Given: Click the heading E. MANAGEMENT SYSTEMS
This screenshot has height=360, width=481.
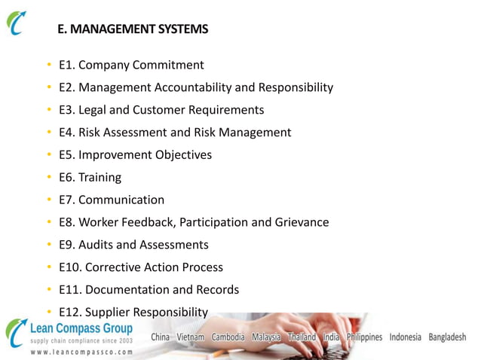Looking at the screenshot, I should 133,29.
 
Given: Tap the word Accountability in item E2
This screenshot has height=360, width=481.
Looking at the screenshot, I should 194,87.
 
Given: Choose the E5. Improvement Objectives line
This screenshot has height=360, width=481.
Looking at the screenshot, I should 135,155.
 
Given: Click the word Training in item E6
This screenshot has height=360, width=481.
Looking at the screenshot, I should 100,178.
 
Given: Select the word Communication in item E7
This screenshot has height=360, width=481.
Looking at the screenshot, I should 121,200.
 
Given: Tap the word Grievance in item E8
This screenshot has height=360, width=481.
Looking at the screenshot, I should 302,222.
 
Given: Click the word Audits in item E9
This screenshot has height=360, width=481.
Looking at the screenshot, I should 96,245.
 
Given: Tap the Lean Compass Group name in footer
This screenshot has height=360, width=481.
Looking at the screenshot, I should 81,328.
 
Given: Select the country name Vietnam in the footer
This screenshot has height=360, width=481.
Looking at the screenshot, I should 190,337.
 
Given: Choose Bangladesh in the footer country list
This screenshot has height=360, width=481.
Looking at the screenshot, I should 447,337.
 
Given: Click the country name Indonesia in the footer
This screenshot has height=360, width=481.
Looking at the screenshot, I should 405,337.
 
